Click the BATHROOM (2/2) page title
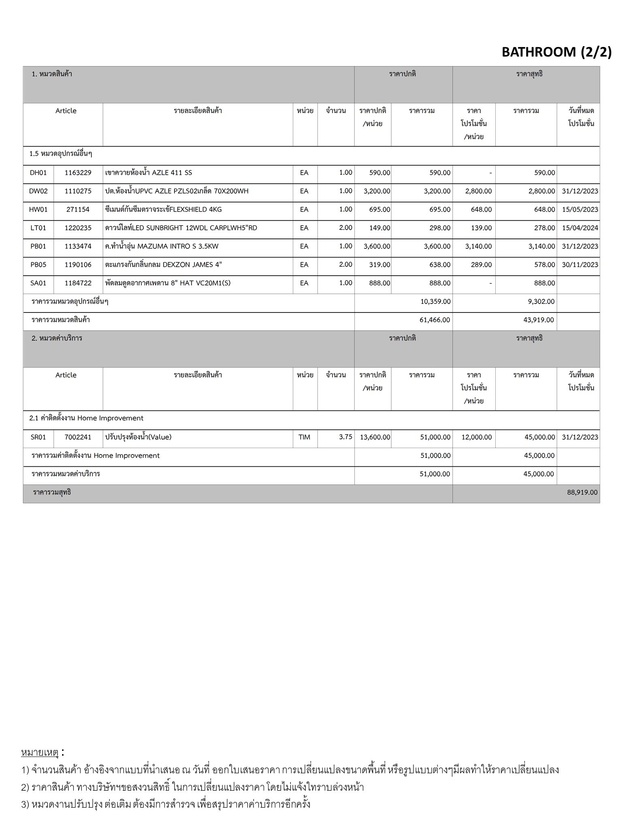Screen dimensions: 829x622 click(x=556, y=52)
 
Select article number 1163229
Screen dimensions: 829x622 click(x=78, y=173)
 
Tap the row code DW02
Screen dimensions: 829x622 click(x=38, y=191)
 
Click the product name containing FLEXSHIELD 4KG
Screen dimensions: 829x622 click(x=163, y=210)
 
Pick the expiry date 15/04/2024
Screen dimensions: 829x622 click(x=579, y=228)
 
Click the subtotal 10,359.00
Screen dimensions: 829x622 click(x=435, y=302)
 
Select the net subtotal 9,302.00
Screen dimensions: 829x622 click(x=539, y=302)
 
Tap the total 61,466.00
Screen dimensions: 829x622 click(x=435, y=320)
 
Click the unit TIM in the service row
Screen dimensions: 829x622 click(x=304, y=437)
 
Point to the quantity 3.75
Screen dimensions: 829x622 click(x=345, y=437)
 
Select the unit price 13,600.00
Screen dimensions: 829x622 click(x=375, y=437)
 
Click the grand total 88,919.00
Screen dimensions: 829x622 click(x=582, y=493)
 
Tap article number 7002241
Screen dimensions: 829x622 click(x=78, y=437)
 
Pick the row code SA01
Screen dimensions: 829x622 click(x=38, y=283)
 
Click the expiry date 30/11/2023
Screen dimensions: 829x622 click(x=579, y=265)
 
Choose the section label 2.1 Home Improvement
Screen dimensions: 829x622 click(x=86, y=419)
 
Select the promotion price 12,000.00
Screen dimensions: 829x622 click(x=476, y=437)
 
